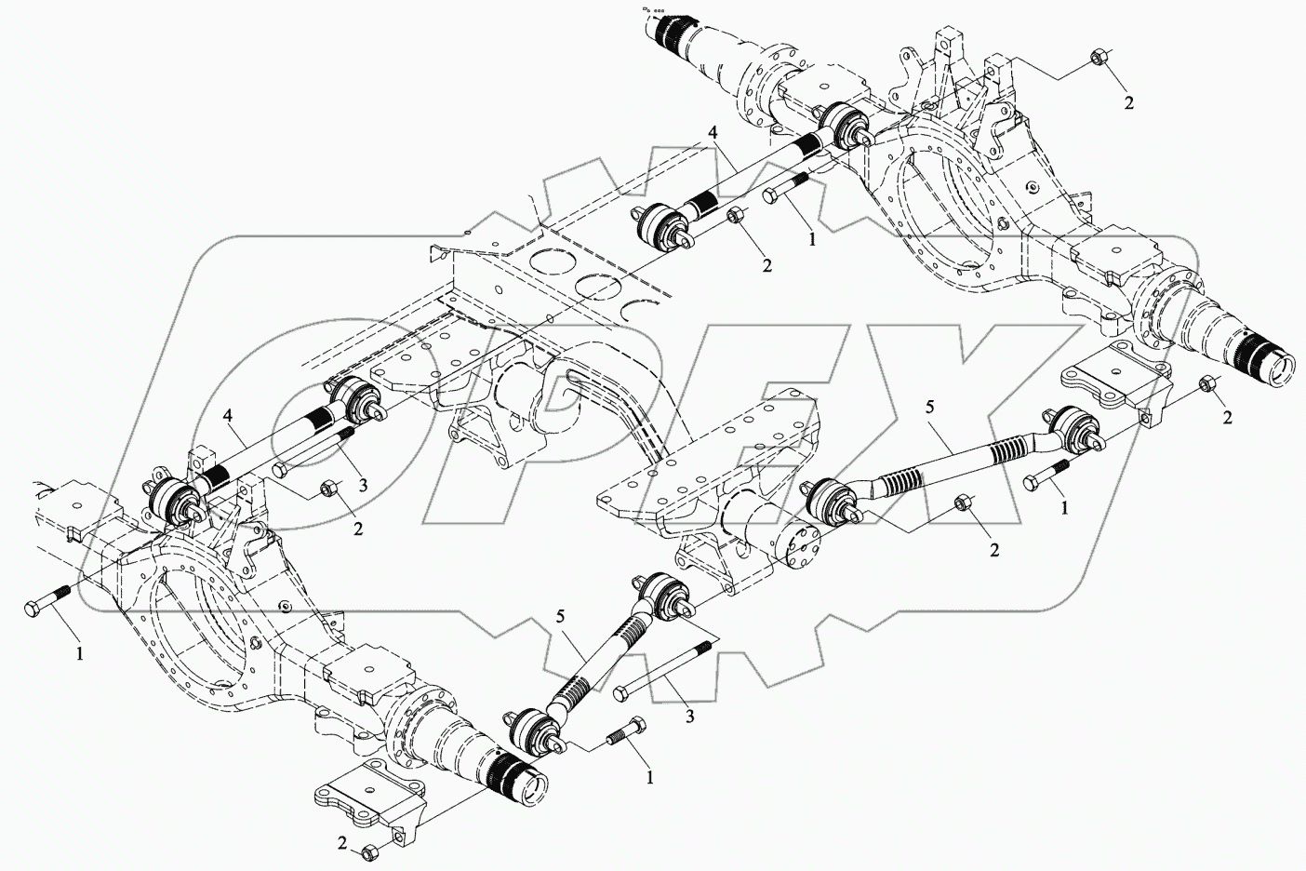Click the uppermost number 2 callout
pyautogui.click(x=1129, y=103)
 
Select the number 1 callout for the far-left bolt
pyautogui.click(x=80, y=654)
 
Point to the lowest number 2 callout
pyautogui.click(x=341, y=844)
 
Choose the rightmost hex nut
pyautogui.click(x=1207, y=382)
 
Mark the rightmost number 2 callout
pyautogui.click(x=1227, y=418)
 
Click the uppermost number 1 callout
pyautogui.click(x=812, y=239)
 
